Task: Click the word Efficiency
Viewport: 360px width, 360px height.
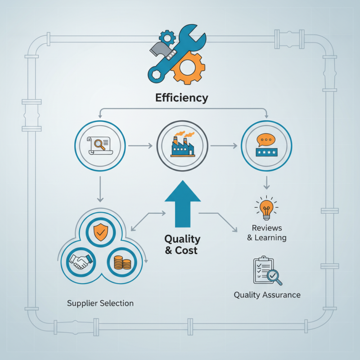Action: [182, 98]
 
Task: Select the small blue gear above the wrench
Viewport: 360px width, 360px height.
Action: [167, 37]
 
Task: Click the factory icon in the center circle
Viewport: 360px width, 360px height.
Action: [183, 144]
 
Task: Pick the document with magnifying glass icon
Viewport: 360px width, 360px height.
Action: [100, 145]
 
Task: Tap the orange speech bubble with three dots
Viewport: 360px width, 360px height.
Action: [266, 140]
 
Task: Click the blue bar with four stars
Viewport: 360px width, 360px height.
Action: [266, 152]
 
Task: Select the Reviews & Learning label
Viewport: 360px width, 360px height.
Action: [267, 233]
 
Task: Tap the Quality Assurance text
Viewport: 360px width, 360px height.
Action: [267, 295]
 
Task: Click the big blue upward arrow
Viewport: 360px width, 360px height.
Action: [183, 204]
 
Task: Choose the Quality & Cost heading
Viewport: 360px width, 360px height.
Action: [182, 244]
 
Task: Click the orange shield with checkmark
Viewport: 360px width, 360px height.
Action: [101, 232]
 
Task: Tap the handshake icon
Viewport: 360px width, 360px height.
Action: [81, 262]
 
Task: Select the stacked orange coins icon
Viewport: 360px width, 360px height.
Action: [122, 262]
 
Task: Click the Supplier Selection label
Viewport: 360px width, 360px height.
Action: [100, 303]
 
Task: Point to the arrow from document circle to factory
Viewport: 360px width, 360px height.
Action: [140, 145]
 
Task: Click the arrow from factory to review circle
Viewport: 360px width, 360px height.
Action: [224, 145]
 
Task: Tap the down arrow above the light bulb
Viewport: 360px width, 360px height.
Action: [266, 183]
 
